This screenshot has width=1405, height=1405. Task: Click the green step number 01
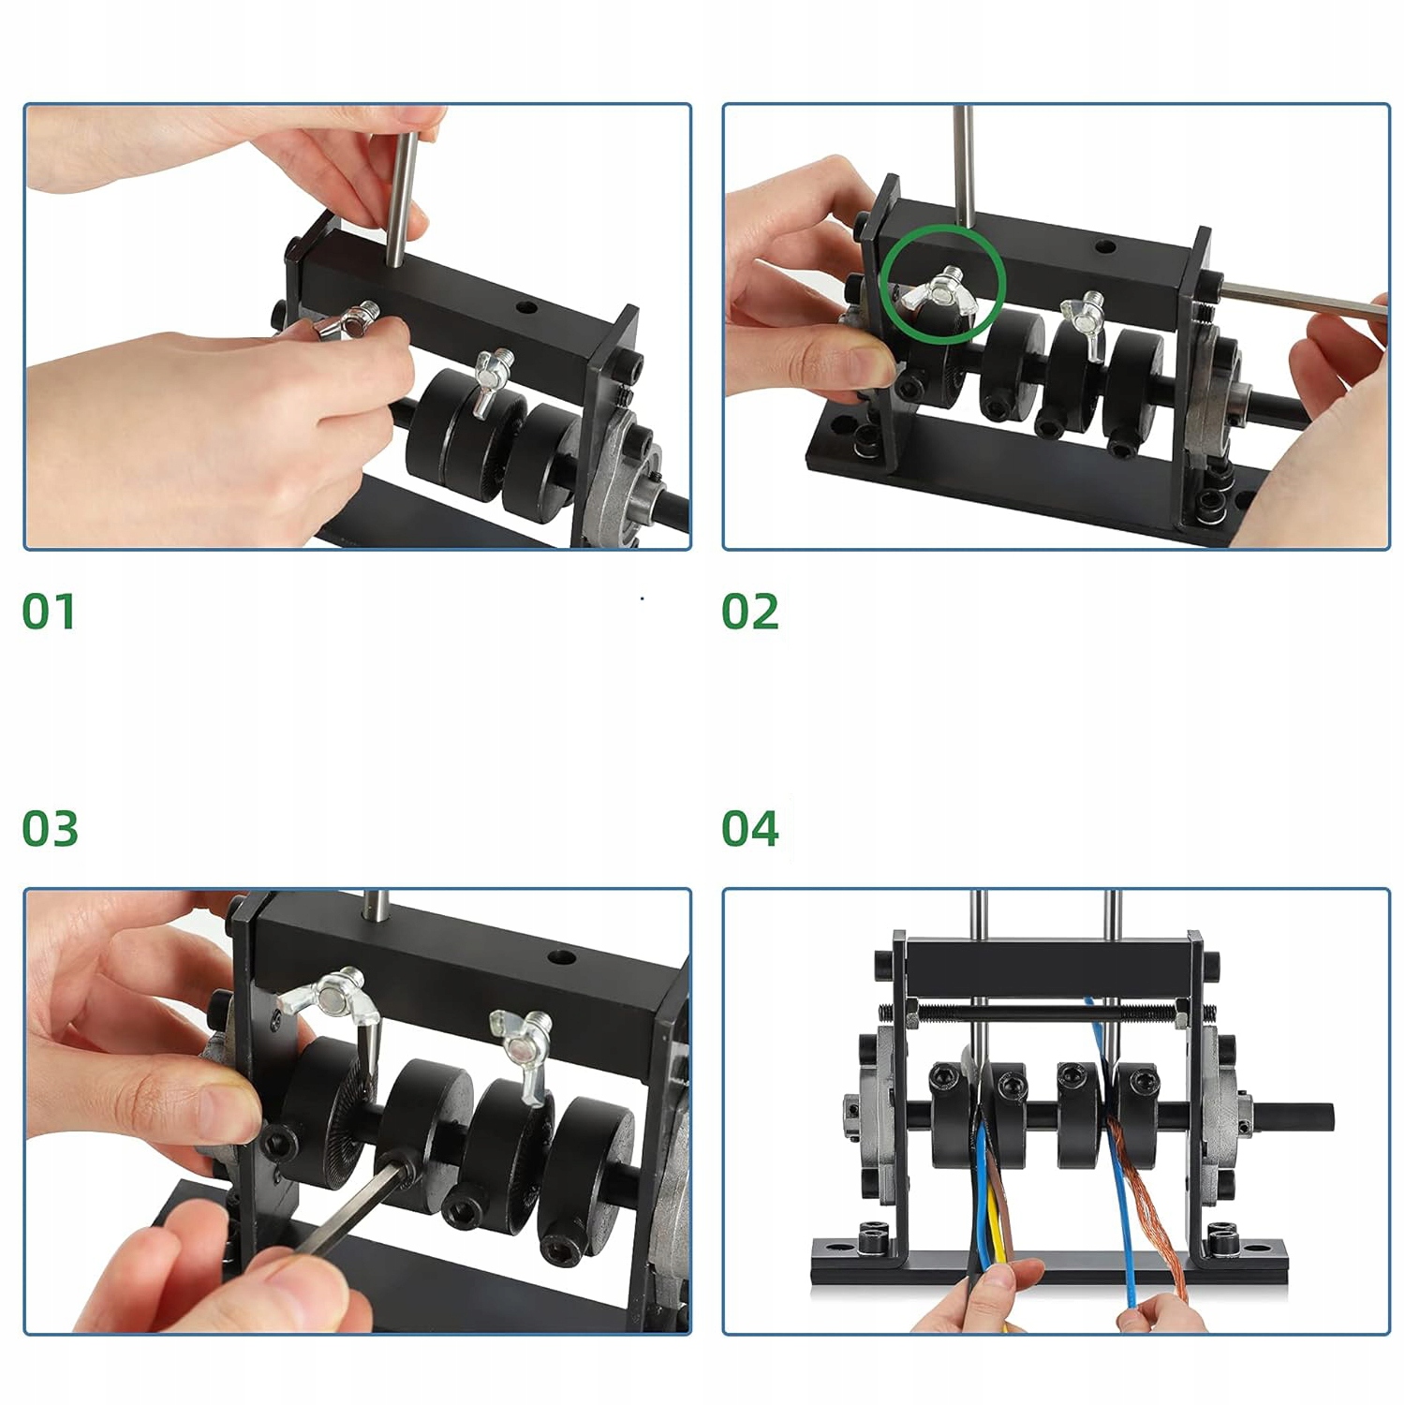49,612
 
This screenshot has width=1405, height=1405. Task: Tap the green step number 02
749,612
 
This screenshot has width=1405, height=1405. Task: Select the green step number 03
50,829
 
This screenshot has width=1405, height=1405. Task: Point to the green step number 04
749,829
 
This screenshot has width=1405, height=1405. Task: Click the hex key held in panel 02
1302,301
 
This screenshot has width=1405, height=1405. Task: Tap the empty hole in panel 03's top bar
561,958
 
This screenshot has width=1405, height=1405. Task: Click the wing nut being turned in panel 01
345,323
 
